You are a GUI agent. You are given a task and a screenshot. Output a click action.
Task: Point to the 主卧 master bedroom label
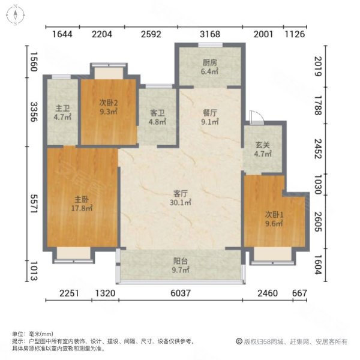[82, 200]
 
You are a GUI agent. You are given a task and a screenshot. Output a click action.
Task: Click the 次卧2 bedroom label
[109, 103]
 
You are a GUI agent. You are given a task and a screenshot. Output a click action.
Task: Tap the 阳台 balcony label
[181, 262]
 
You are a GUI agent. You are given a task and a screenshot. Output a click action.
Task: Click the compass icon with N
[14, 14]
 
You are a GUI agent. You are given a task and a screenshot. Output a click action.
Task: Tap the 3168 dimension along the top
[211, 34]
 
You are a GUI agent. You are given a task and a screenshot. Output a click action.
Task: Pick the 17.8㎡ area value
[82, 209]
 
